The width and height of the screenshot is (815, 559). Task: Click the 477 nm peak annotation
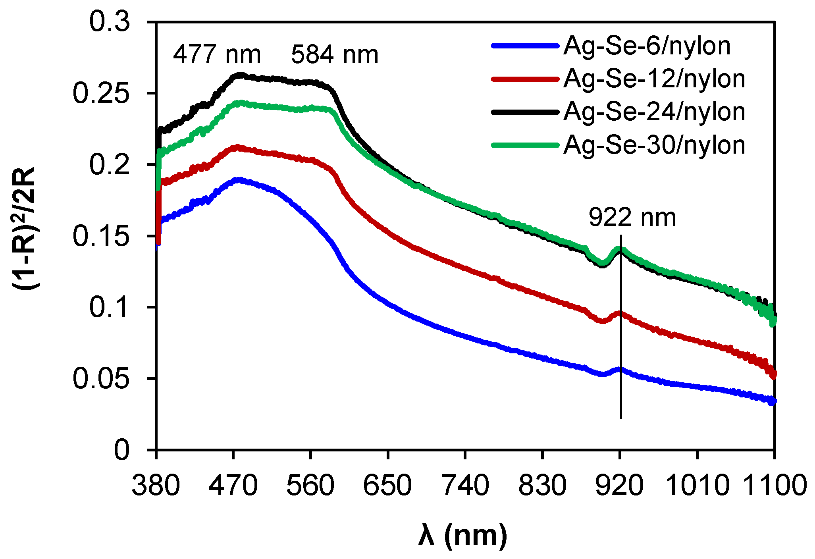coord(217,54)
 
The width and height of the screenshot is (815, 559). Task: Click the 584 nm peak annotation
coord(335,55)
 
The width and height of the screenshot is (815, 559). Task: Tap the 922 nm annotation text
coord(632,218)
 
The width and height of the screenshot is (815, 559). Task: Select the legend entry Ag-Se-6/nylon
coord(647,46)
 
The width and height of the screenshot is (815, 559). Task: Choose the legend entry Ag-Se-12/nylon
coord(654,79)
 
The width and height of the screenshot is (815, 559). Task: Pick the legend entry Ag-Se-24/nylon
coord(654,112)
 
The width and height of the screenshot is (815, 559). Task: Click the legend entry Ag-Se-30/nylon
coord(654,145)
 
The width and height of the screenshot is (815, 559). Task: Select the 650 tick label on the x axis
coord(387,486)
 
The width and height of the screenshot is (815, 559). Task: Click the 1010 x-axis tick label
coord(697,486)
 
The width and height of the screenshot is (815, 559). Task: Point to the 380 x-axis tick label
coord(156,486)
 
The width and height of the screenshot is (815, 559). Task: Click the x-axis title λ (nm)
coord(463,536)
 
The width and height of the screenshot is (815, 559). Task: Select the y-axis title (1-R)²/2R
coord(25,228)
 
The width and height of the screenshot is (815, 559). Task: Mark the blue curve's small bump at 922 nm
coord(620,369)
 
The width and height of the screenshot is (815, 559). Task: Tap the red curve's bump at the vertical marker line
coord(620,314)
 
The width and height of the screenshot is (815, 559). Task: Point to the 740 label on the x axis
coord(465,486)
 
